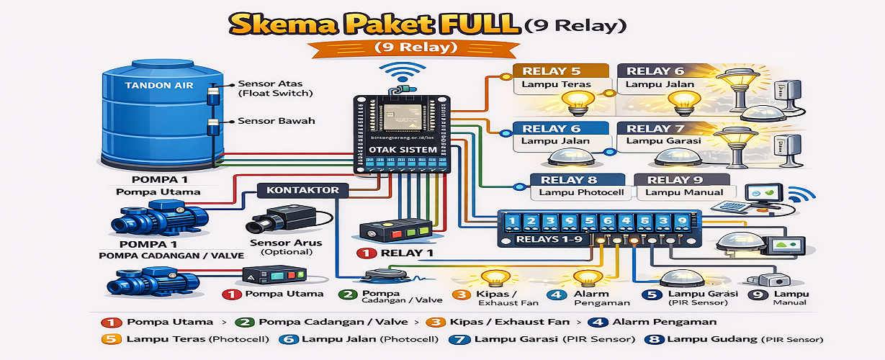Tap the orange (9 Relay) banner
pos(415,48)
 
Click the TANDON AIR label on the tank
pos(158,85)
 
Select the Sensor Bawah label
pos(276,121)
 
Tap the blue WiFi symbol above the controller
pos(400,73)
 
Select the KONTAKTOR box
pos(303,191)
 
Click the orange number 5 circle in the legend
pos(110,339)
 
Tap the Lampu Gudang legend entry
pos(745,339)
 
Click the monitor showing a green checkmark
pos(763,194)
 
